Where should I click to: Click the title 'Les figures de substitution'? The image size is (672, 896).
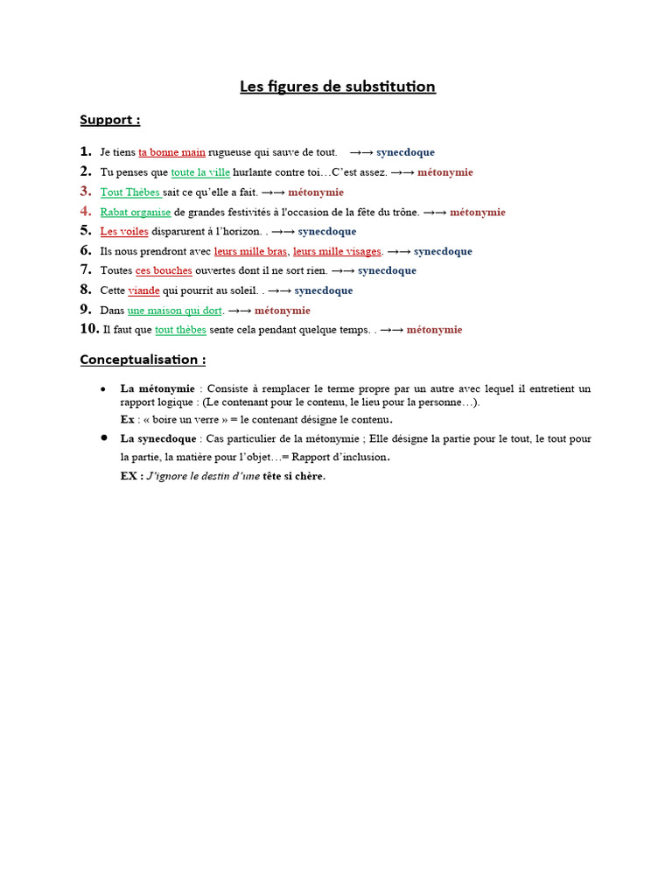338,87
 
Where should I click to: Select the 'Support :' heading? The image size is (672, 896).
110,120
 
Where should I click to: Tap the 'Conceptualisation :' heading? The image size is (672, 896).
143,360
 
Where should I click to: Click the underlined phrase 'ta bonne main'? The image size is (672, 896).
171,152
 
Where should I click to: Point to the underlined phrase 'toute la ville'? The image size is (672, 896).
200,172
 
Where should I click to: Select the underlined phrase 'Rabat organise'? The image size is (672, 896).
136,212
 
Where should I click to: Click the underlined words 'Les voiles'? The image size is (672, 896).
124,232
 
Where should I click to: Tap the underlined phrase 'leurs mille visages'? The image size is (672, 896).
337,251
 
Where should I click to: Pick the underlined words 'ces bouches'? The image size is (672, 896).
164,271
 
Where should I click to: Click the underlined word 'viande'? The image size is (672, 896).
143,290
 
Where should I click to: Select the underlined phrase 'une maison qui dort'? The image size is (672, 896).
175,311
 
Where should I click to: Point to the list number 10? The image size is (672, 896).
88,329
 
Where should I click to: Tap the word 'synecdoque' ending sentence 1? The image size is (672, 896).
405,152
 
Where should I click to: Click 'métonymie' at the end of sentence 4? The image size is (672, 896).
478,212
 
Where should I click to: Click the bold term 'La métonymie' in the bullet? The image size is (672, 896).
157,388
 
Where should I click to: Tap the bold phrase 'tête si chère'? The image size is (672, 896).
294,477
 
